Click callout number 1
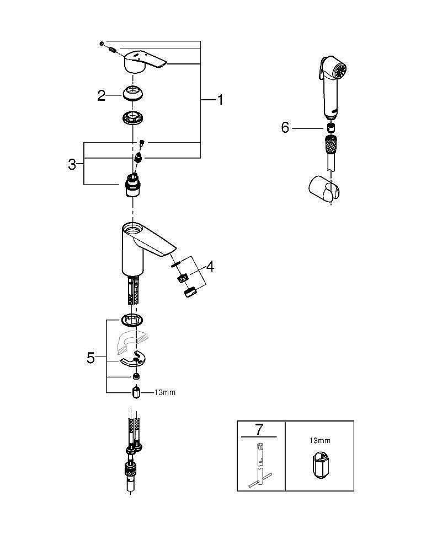[x=220, y=100]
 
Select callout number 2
[x=102, y=95]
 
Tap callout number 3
[x=72, y=164]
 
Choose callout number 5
[x=91, y=358]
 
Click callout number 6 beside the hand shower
[x=285, y=128]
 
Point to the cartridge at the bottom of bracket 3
[x=132, y=185]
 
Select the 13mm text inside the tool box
[x=319, y=441]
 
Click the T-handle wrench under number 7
[x=258, y=468]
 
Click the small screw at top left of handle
[x=103, y=43]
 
